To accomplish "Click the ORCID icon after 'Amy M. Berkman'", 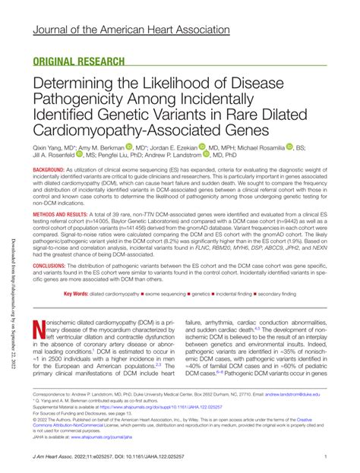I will (x=131, y=147).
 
